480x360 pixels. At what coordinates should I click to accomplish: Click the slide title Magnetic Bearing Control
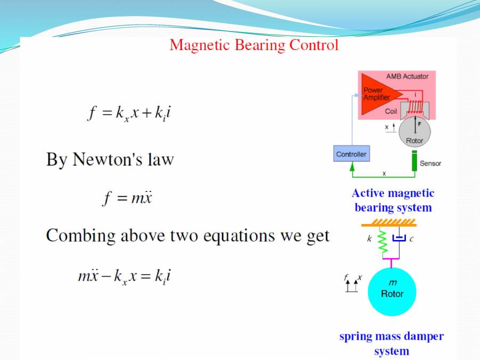254,45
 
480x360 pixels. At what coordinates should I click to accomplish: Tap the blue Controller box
351,154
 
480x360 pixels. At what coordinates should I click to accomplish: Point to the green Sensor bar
414,162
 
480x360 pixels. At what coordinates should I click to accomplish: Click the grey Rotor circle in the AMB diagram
414,132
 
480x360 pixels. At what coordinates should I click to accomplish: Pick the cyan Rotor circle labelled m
392,292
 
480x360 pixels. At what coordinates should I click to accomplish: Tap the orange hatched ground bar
389,222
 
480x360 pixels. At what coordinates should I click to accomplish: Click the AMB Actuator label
407,76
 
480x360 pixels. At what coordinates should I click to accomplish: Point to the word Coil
391,111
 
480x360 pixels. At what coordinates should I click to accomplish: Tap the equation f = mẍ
127,198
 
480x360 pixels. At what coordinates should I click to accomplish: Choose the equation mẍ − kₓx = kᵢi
124,276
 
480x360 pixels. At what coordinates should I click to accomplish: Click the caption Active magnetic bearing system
393,200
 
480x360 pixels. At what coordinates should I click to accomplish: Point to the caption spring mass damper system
391,343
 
